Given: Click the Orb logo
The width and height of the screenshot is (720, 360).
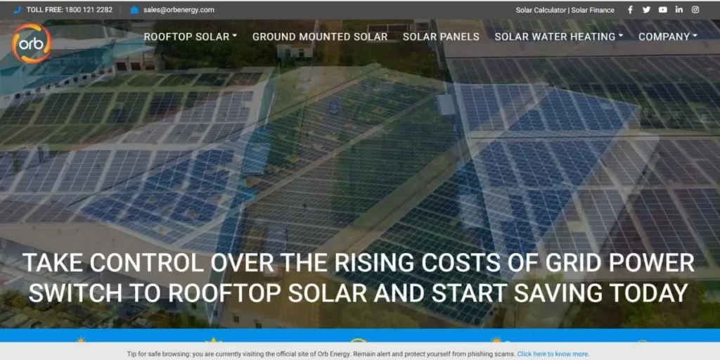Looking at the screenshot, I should point(32,44).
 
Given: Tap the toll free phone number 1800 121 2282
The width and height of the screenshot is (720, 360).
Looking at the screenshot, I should point(88,10).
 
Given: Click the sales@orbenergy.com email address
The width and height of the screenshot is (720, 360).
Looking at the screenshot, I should point(179,10).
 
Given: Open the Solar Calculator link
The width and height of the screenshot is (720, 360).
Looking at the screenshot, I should point(541,10).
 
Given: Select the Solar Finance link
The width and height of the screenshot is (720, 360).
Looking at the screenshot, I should point(593,10).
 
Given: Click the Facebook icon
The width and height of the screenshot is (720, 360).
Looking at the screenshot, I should point(630,10).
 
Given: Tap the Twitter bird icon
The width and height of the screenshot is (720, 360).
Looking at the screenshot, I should point(646,10).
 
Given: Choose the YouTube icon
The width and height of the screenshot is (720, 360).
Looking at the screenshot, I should point(663,10).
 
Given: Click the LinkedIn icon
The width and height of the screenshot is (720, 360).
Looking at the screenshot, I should point(679,10).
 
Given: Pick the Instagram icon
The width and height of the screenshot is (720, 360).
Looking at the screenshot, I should point(695,10).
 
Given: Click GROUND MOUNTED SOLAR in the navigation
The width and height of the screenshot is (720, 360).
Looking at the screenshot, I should point(320,37).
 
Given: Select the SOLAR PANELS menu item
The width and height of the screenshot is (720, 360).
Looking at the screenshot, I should point(441,37).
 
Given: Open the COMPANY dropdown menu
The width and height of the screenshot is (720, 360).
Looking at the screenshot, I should point(667,37).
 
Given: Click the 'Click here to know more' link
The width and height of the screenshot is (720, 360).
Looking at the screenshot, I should point(553,354).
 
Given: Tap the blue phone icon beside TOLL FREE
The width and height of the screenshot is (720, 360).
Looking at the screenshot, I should point(17,10).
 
